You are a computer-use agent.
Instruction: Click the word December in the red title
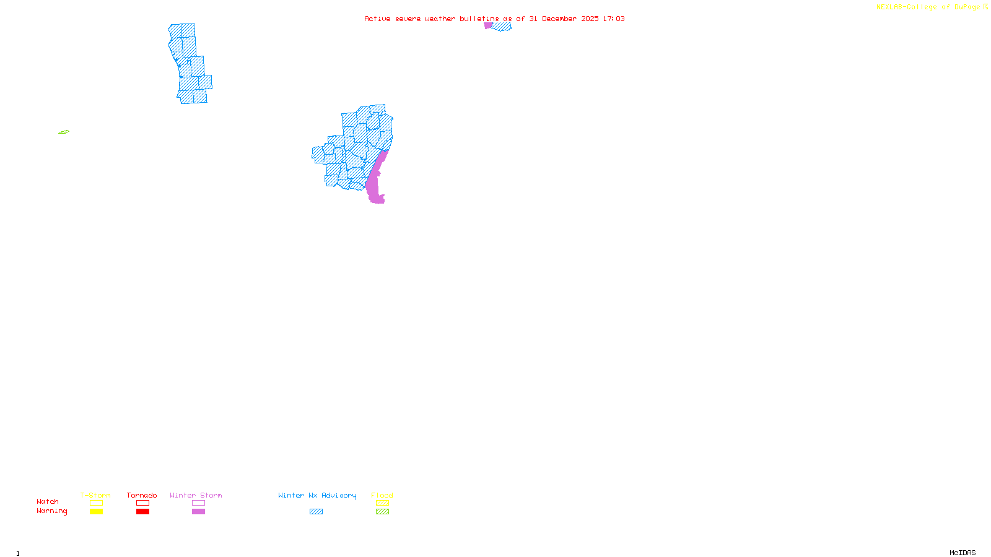click(559, 19)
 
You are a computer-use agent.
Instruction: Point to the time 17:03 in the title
click(613, 19)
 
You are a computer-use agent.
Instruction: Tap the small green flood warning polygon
click(64, 132)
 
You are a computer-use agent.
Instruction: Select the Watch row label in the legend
click(48, 501)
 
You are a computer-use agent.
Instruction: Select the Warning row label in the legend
click(52, 511)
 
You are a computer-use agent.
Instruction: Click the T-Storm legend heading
click(95, 495)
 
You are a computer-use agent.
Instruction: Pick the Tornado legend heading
click(142, 495)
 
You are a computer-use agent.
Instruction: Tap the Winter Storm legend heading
click(196, 495)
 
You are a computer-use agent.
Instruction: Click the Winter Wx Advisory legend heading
click(317, 495)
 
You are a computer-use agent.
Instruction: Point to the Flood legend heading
click(382, 495)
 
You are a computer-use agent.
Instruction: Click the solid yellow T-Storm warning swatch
click(96, 512)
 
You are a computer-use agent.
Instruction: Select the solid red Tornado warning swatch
click(142, 512)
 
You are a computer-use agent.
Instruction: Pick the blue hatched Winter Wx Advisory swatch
click(316, 512)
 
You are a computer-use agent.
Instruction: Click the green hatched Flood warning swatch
click(382, 512)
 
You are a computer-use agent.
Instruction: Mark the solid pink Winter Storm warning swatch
click(198, 512)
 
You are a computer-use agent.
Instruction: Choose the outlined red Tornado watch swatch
click(142, 503)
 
